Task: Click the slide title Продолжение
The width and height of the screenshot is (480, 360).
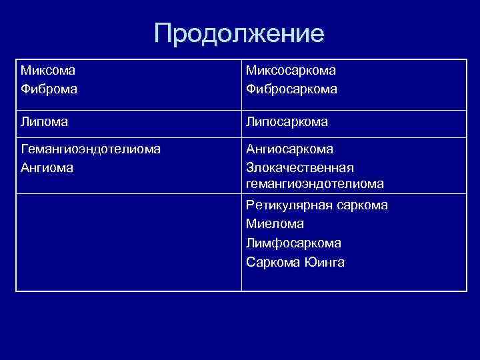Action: coord(239,34)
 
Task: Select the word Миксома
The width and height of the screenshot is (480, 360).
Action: coord(48,70)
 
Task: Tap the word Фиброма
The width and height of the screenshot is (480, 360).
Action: coord(49,88)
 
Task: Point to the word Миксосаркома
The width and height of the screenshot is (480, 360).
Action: coord(291,70)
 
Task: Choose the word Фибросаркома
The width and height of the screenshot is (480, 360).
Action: coord(291,88)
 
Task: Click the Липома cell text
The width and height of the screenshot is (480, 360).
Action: coord(45,123)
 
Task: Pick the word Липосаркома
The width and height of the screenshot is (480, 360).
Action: coord(287,123)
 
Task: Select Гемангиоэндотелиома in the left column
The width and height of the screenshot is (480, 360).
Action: coord(91,149)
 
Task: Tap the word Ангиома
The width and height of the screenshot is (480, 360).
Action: coord(47,167)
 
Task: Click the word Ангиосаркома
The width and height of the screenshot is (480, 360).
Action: coord(289,149)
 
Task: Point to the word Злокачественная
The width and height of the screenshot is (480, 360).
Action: coord(300,167)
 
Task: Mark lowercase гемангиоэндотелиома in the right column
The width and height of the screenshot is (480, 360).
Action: coord(315,183)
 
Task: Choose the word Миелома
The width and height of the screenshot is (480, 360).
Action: coord(275,224)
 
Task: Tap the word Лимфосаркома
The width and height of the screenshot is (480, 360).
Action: coord(293,243)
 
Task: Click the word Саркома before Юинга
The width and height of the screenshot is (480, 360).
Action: coord(273,261)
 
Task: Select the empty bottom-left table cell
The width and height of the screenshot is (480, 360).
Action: coord(129,242)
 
